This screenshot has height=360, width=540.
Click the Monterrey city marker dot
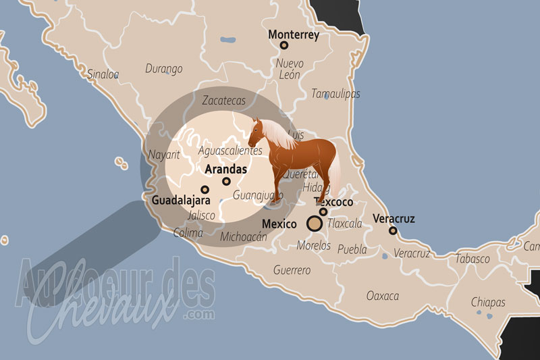pyautogui.click(x=284, y=45)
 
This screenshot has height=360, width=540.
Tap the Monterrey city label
pyautogui.click(x=294, y=34)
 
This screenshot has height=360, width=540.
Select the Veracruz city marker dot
pyautogui.click(x=393, y=231)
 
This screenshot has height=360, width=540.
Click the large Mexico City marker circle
pyautogui.click(x=315, y=224)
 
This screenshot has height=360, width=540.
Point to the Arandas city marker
pyautogui.click(x=226, y=181)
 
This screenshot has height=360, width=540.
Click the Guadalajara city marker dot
pyautogui.click(x=205, y=190)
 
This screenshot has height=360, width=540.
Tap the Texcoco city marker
pyautogui.click(x=323, y=212)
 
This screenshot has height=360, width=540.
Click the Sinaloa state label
pyautogui.click(x=103, y=74)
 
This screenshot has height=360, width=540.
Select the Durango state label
pyautogui.click(x=164, y=69)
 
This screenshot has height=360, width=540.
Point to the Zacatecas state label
pyautogui.click(x=223, y=101)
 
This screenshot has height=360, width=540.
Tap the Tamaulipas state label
pyautogui.click(x=335, y=94)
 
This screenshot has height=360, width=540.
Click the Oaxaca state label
pyautogui.click(x=382, y=296)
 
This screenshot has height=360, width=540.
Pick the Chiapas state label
pyautogui.click(x=487, y=301)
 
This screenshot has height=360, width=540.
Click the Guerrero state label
pyautogui.click(x=292, y=270)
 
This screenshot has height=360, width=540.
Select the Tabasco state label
pyautogui.click(x=473, y=259)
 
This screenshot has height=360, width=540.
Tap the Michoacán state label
pyautogui.click(x=244, y=237)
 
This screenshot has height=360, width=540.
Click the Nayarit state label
pyautogui.click(x=164, y=155)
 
